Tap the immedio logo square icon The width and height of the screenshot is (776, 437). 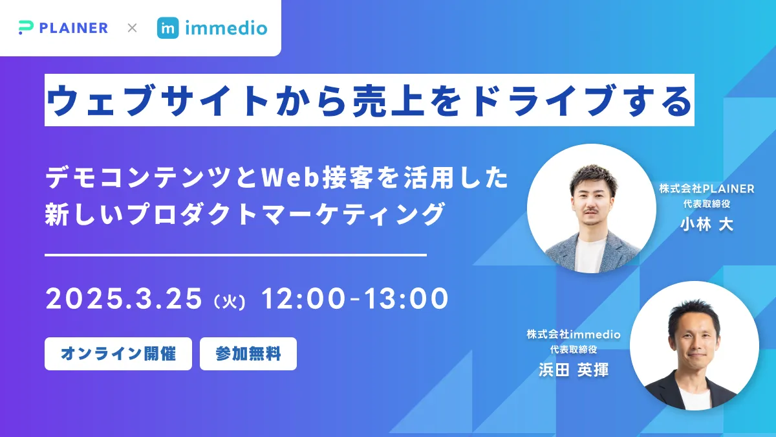coord(167,28)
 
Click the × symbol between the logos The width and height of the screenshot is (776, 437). coord(132,28)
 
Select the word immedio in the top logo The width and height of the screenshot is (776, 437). coord(226,28)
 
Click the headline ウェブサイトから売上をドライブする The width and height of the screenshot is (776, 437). coord(369,100)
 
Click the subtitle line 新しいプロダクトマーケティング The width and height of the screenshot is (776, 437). coord(245,214)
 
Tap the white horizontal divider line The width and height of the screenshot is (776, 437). coord(235,255)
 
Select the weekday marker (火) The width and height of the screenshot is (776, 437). coord(228,302)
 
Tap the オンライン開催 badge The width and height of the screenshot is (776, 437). coord(118,353)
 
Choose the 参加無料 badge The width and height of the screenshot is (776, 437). coord(248,353)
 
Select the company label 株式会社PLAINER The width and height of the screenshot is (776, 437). coord(707,188)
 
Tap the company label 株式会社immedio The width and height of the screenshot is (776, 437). coord(574,334)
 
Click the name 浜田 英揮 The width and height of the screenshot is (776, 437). coord(574,370)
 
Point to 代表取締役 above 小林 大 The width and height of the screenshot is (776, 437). coord(707,204)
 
